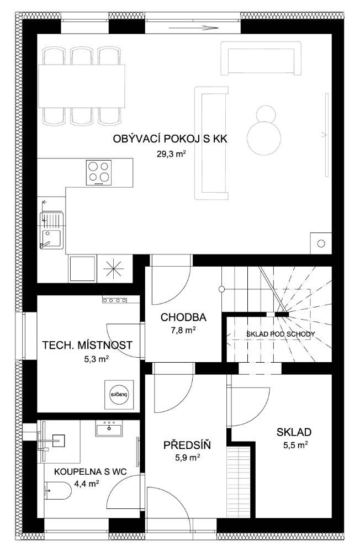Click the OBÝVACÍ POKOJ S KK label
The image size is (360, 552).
click(x=170, y=139)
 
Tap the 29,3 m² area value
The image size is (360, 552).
click(x=171, y=154)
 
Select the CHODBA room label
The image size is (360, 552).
click(x=183, y=317)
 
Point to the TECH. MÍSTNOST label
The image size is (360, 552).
click(x=87, y=345)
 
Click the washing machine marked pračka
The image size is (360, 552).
click(x=119, y=395)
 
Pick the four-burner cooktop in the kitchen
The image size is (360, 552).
click(x=99, y=172)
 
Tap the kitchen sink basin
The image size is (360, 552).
click(x=51, y=238)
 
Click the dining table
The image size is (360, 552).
click(x=81, y=86)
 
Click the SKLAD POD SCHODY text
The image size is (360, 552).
click(x=280, y=334)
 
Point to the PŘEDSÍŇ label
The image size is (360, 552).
click(x=187, y=445)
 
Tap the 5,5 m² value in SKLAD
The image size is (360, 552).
click(x=296, y=445)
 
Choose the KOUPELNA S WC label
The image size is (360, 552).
click(x=90, y=472)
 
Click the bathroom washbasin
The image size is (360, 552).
click(x=109, y=428)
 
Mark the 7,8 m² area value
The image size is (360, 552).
click(x=183, y=330)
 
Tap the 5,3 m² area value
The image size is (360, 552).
click(x=96, y=359)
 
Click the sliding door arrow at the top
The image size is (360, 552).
click(x=193, y=28)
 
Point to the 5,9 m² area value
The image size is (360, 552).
click(x=188, y=458)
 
